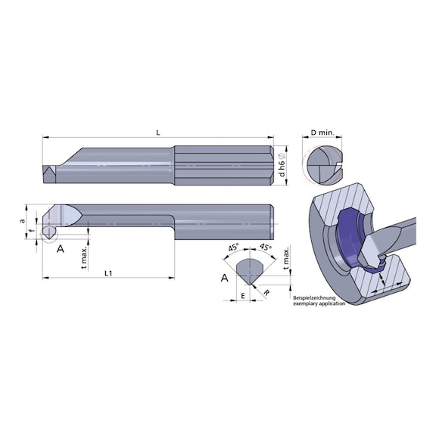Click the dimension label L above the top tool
[x=157, y=132]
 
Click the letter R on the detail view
[x=266, y=290]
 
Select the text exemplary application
[x=319, y=304]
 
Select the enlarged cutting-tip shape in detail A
[x=251, y=269]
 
